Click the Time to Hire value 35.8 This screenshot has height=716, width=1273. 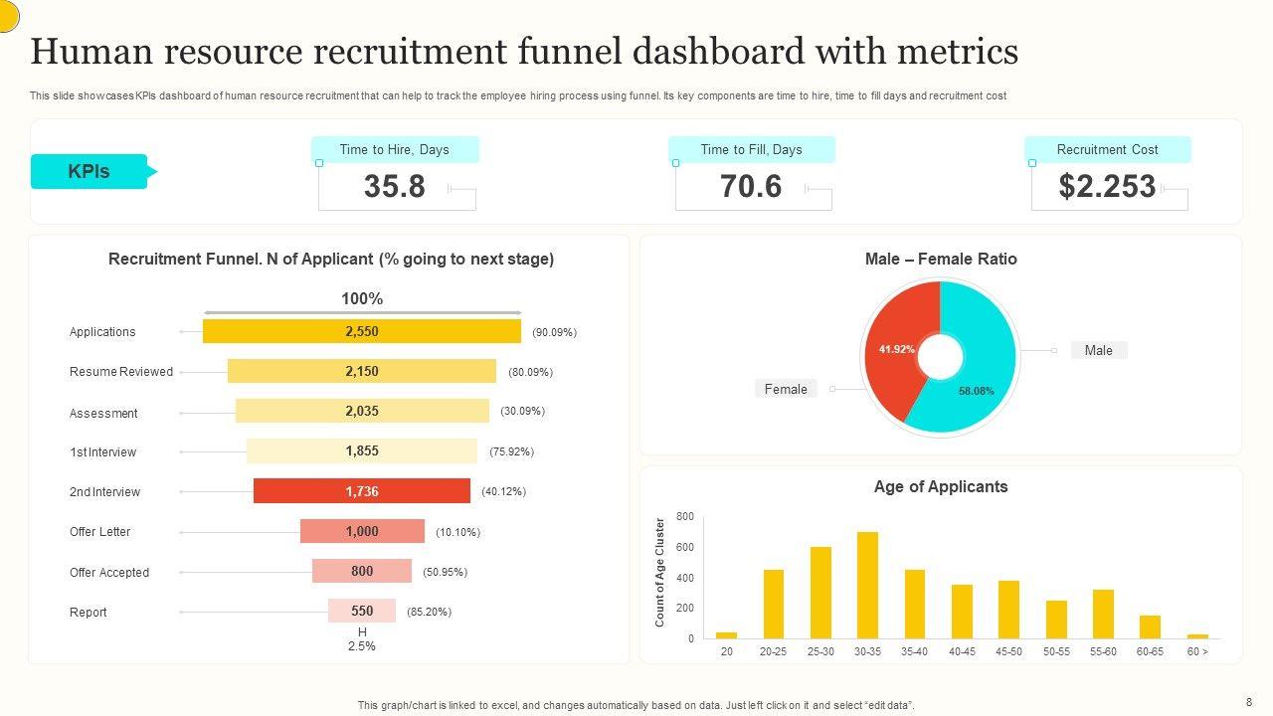395,187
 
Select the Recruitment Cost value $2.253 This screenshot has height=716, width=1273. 1107,187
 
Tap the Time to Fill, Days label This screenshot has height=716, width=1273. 751,150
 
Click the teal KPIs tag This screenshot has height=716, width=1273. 90,171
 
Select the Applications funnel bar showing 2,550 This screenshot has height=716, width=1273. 362,331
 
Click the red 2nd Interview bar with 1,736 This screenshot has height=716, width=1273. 362,491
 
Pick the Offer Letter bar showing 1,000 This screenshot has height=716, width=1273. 362,531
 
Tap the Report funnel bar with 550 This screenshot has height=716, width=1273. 362,611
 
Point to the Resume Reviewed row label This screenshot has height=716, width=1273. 121,372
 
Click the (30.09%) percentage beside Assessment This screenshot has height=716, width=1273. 522,411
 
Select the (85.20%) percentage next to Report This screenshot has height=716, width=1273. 429,612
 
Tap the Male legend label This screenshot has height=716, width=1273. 1098,350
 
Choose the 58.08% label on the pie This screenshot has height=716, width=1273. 976,391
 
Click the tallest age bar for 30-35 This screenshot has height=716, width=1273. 867,586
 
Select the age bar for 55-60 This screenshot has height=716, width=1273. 1103,614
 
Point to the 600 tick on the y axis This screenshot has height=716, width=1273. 684,547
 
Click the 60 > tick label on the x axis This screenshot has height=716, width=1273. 1197,651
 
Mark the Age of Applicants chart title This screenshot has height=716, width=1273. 940,487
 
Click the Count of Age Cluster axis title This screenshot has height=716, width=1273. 659,572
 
